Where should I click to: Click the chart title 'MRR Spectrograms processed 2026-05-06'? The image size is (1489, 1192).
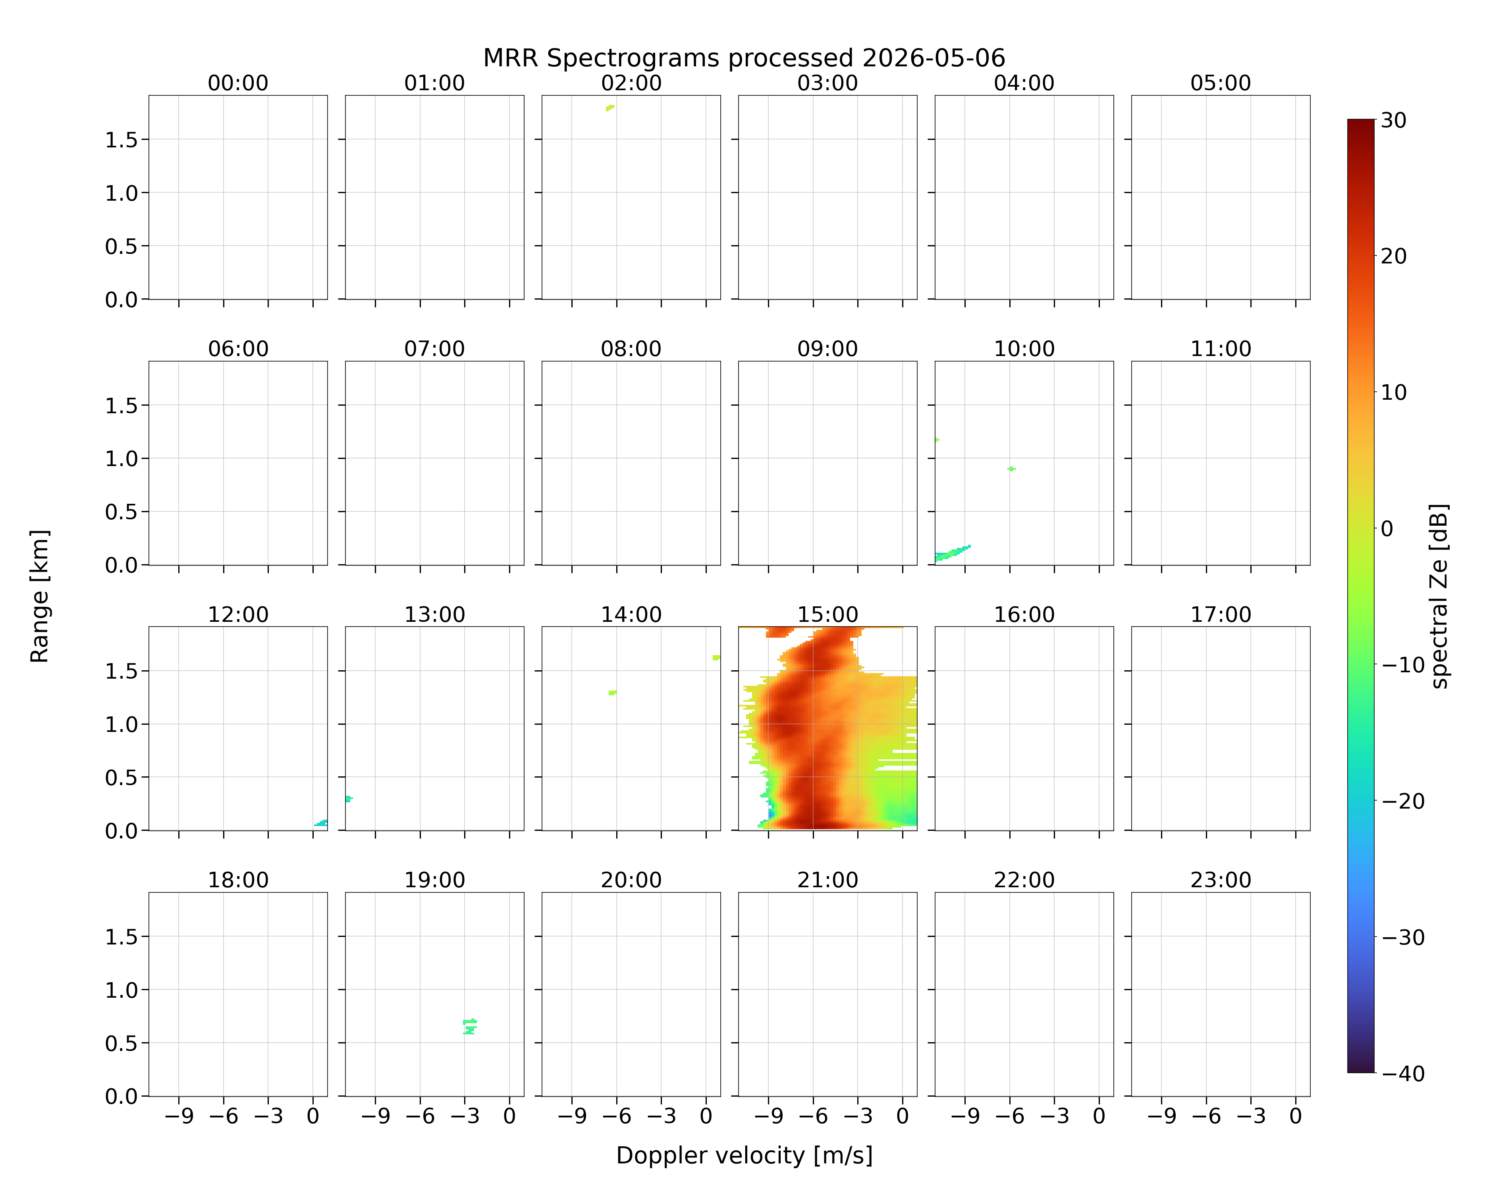744,58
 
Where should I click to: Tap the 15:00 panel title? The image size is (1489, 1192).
827,614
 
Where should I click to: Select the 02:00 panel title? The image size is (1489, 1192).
631,83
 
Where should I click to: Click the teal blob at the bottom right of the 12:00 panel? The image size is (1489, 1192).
321,823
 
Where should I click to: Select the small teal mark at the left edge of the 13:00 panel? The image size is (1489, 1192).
349,799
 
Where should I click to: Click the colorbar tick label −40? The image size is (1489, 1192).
1403,1074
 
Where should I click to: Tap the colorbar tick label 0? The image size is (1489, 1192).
1387,529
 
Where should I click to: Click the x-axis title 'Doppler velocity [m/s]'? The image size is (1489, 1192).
744,1155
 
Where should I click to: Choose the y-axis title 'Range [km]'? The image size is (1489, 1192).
39,596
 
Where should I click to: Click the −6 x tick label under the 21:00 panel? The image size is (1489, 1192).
813,1116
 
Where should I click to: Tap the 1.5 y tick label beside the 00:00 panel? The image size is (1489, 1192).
122,140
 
